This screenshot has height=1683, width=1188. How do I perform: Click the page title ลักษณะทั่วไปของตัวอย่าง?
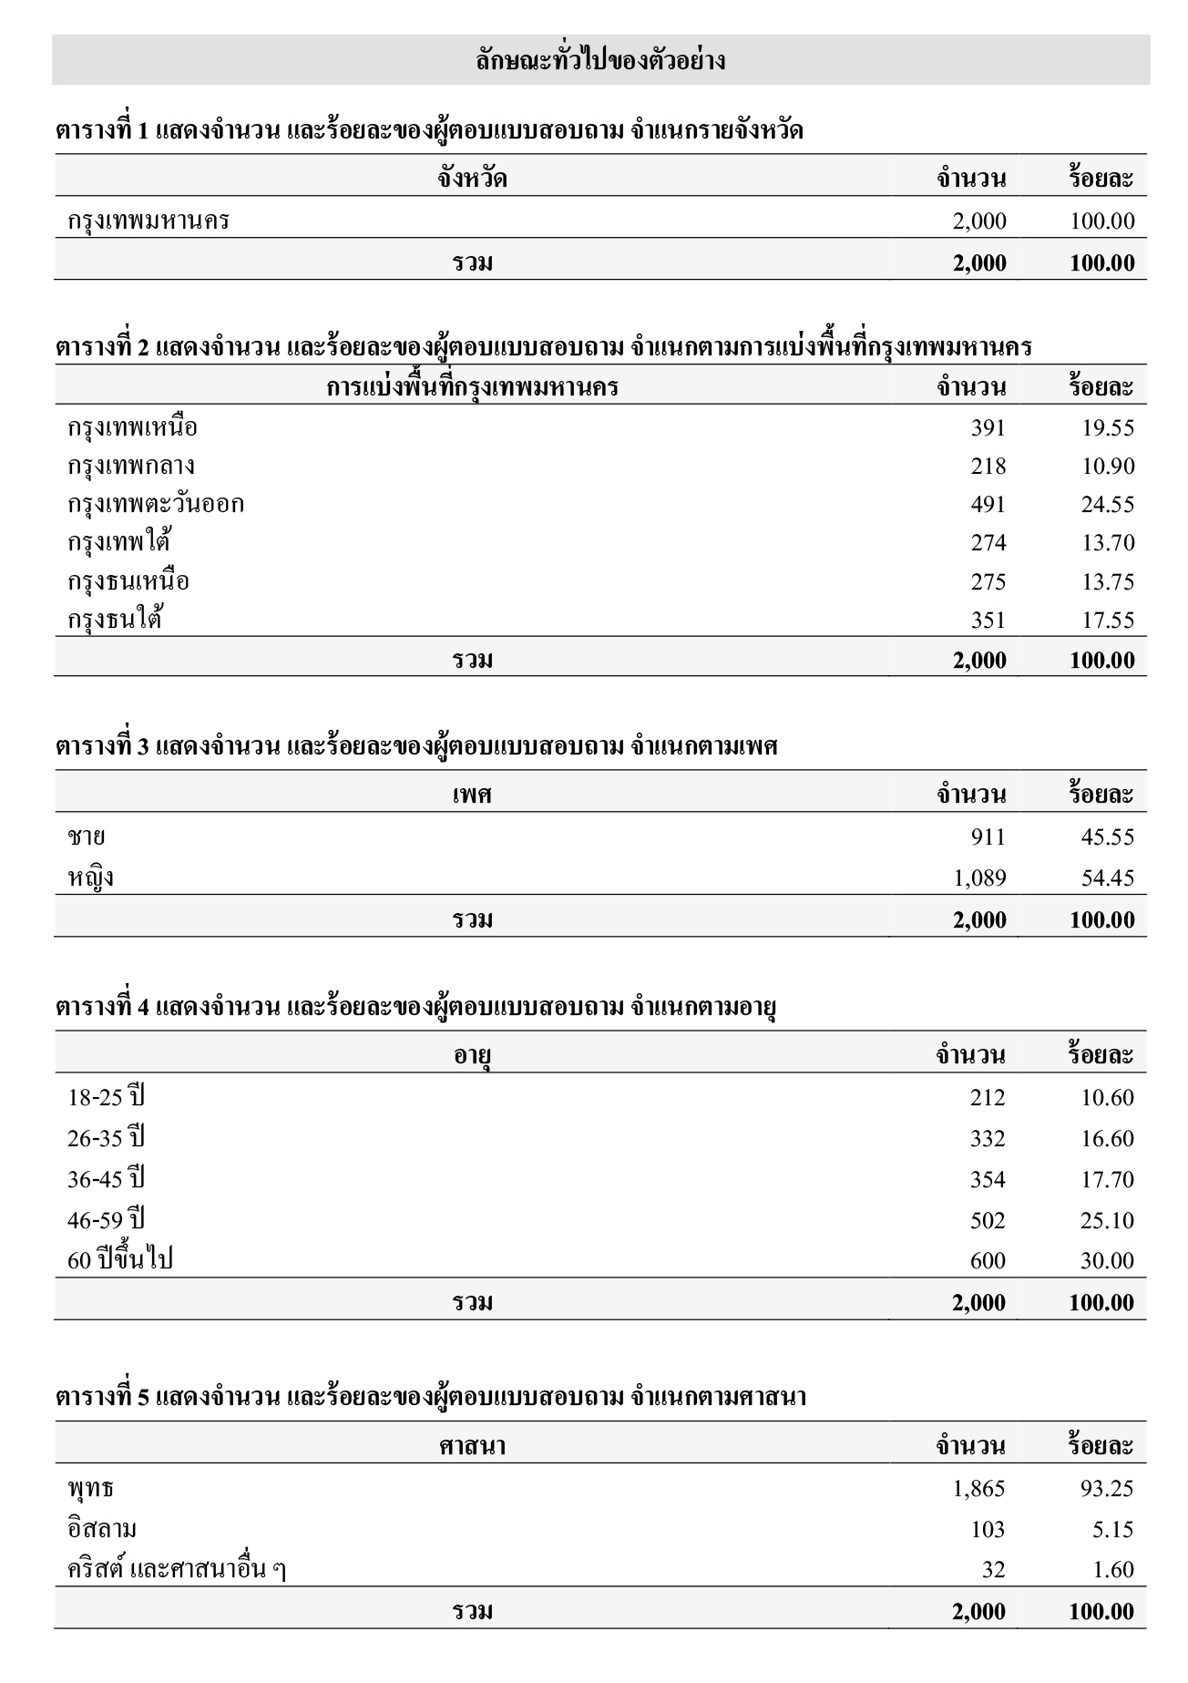pyautogui.click(x=600, y=61)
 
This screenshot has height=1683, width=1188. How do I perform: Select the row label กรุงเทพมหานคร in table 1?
pyautogui.click(x=148, y=221)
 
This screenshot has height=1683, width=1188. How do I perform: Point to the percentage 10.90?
pyautogui.click(x=1107, y=467)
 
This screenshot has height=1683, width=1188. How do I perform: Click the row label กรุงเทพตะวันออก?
pyautogui.click(x=156, y=505)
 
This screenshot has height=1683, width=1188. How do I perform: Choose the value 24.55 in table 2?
pyautogui.click(x=1107, y=505)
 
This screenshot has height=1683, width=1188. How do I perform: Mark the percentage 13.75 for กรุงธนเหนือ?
pyautogui.click(x=1107, y=582)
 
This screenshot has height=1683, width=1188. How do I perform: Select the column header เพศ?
pyautogui.click(x=472, y=795)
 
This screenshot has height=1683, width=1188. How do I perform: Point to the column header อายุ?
pyautogui.click(x=473, y=1055)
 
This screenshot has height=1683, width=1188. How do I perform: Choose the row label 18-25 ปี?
pyautogui.click(x=106, y=1097)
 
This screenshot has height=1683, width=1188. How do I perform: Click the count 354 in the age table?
pyautogui.click(x=988, y=1180)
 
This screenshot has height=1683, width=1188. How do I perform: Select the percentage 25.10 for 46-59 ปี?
pyautogui.click(x=1107, y=1221)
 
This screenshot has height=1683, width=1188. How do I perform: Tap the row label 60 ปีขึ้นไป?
pyautogui.click(x=120, y=1261)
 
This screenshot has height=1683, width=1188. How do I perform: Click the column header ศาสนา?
pyautogui.click(x=472, y=1446)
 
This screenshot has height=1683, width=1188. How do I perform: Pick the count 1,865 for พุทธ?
pyautogui.click(x=978, y=1489)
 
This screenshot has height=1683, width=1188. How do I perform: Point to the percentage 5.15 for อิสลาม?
pyautogui.click(x=1112, y=1530)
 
